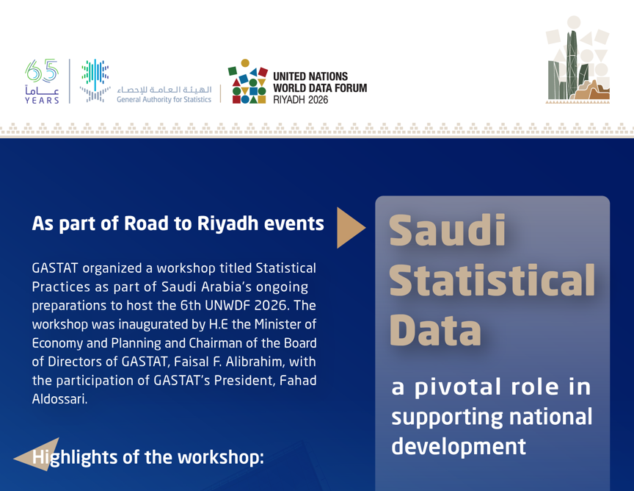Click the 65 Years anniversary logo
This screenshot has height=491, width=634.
point(42,81)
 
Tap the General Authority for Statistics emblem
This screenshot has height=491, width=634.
point(95,80)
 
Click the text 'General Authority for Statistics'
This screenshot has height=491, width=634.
point(164,98)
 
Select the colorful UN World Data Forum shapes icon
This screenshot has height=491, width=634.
point(249,82)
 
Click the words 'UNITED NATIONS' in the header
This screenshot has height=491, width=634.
point(310,76)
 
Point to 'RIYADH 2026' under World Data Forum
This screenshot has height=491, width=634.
point(301,99)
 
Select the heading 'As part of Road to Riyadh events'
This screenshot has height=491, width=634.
point(178,224)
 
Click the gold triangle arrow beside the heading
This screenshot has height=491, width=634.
point(350,228)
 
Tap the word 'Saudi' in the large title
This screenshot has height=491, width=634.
point(447,230)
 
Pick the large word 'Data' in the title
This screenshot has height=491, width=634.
point(435,330)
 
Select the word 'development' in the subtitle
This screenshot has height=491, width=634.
point(458,445)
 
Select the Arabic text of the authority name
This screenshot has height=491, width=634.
point(164,87)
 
